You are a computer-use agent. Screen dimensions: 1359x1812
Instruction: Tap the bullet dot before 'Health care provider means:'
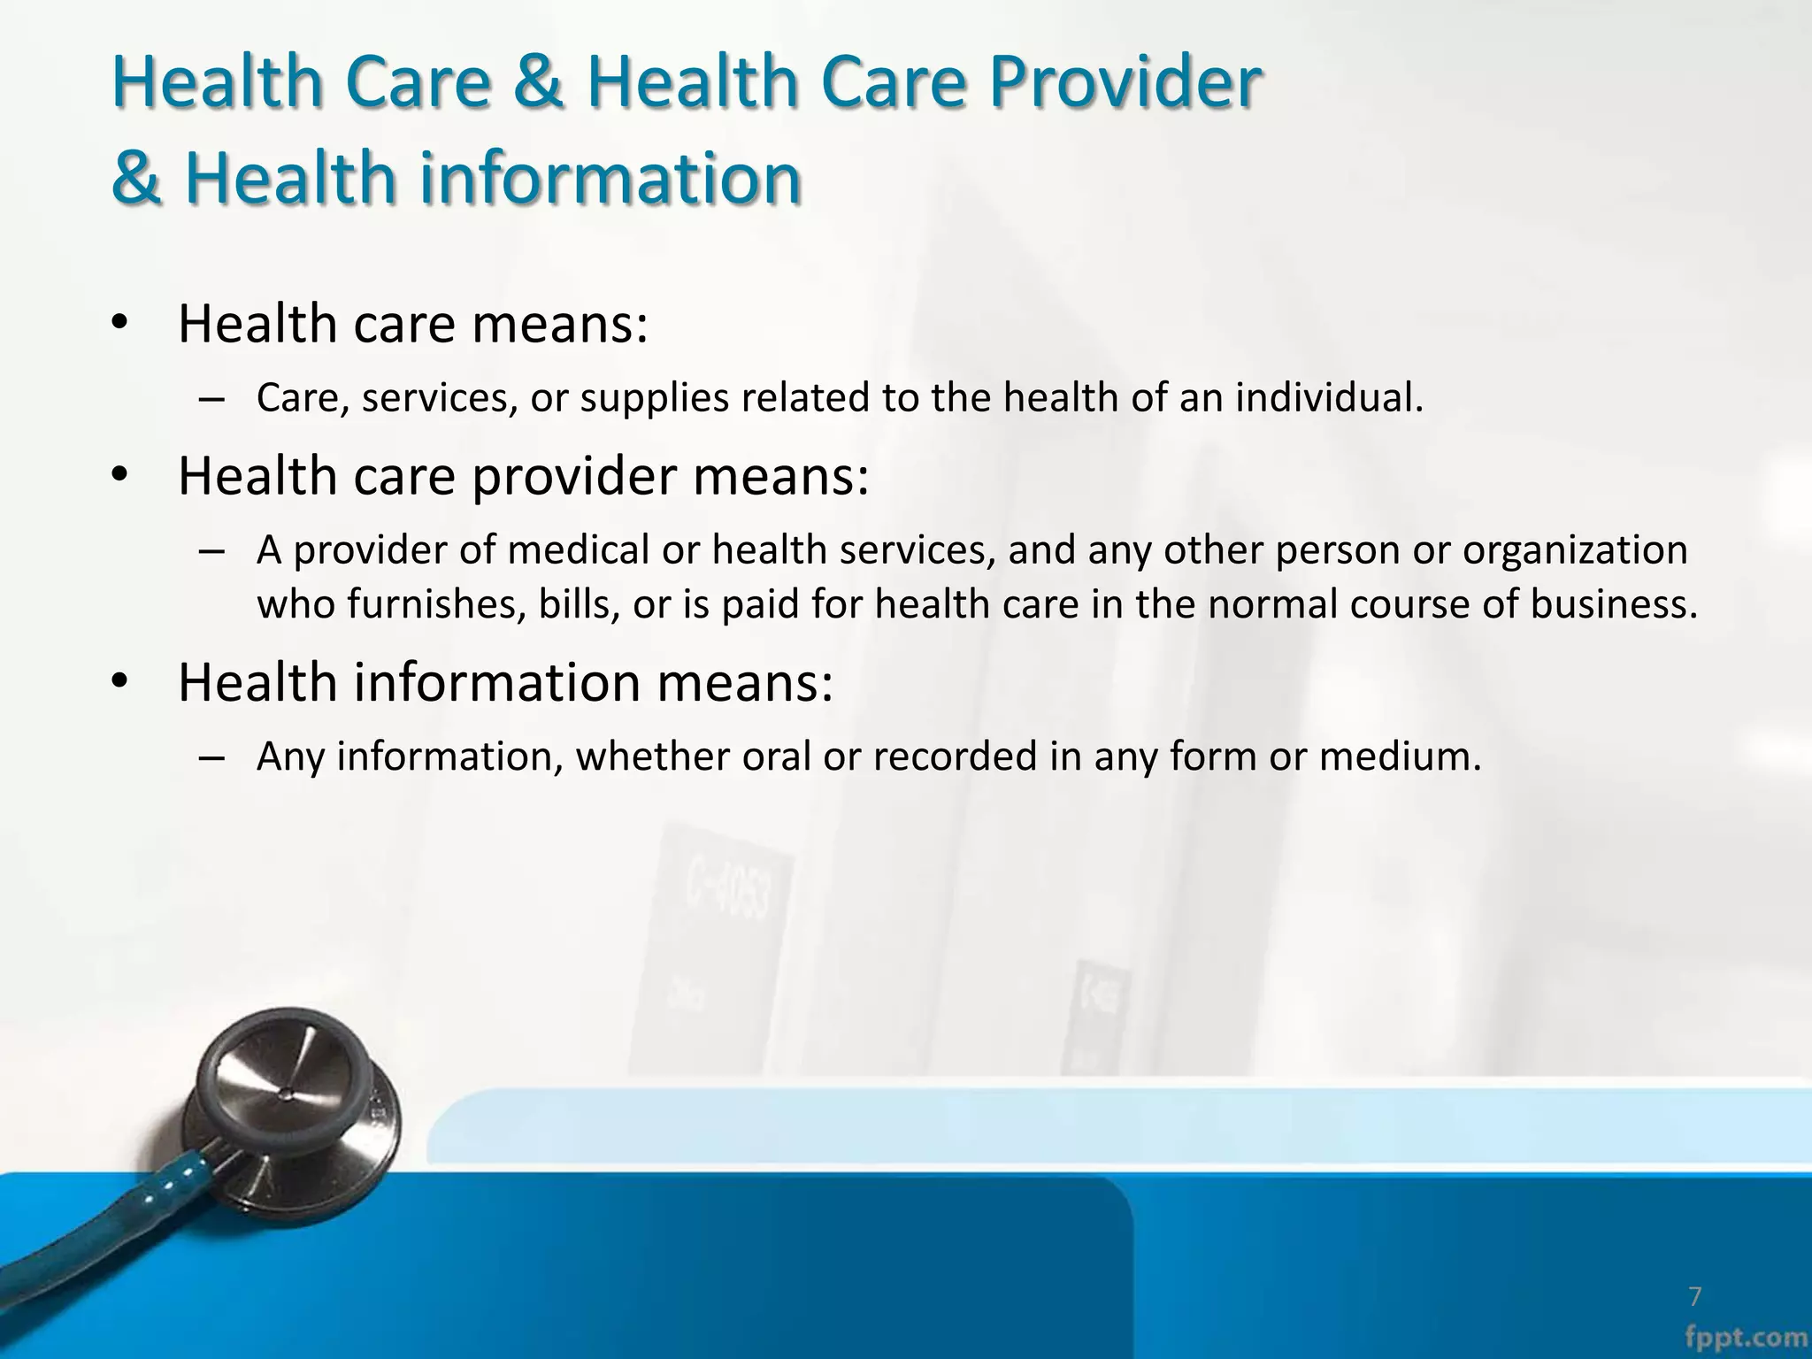(120, 476)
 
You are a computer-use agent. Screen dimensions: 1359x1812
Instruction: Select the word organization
(1575, 550)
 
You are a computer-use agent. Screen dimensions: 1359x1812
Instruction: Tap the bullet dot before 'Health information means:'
(120, 683)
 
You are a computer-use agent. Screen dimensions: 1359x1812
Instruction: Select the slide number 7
(1694, 1297)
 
